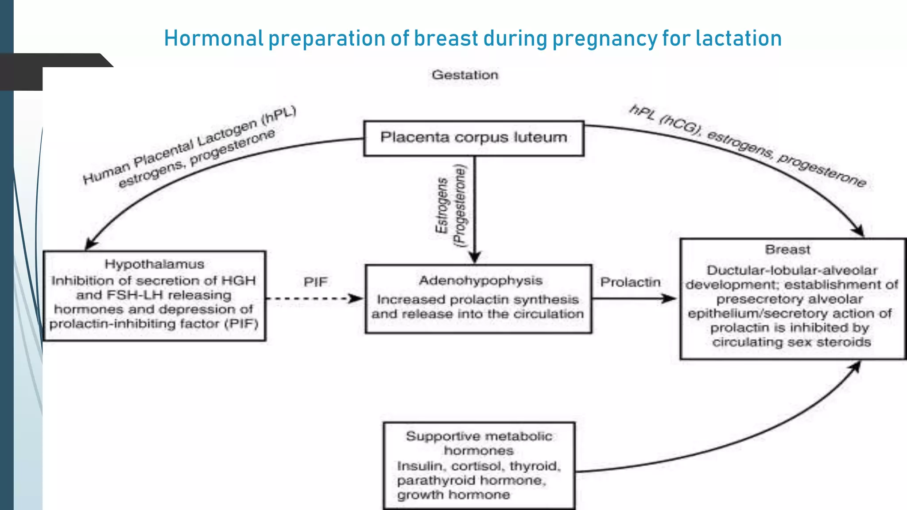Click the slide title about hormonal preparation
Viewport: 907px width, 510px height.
[473, 38]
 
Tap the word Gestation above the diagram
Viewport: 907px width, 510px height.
[465, 75]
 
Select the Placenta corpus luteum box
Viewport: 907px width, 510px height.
[473, 138]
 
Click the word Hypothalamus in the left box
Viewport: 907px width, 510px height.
[154, 264]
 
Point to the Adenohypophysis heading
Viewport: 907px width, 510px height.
[481, 281]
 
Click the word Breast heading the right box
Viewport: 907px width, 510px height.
[787, 250]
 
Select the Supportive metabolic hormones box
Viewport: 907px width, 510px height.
[479, 465]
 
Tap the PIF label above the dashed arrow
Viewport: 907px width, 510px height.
[315, 282]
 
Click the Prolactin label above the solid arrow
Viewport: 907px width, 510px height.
[630, 282]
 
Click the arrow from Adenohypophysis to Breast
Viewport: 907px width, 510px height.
[633, 298]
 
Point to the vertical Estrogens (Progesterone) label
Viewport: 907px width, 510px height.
[451, 206]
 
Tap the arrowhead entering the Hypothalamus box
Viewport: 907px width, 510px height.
[90, 244]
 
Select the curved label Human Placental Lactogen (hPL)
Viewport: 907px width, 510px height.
[189, 145]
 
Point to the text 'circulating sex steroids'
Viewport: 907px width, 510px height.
[791, 342]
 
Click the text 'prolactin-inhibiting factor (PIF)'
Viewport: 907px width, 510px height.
[154, 324]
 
